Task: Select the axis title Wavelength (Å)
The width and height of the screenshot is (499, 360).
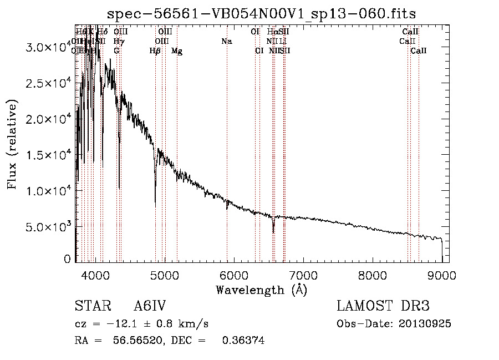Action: coord(261,290)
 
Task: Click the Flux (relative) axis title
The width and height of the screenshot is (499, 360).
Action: coord(12,144)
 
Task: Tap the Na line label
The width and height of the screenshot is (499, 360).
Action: coord(226,41)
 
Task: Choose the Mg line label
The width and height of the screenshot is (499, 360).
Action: coord(177,51)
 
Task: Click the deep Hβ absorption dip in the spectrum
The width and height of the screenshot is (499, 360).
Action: coord(155,202)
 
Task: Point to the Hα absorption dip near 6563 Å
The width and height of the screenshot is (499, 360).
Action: coord(273,229)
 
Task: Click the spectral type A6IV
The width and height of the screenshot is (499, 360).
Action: coord(150,307)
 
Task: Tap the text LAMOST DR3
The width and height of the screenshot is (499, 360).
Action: coord(383,307)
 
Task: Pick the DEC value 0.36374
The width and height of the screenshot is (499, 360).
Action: coord(243,340)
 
